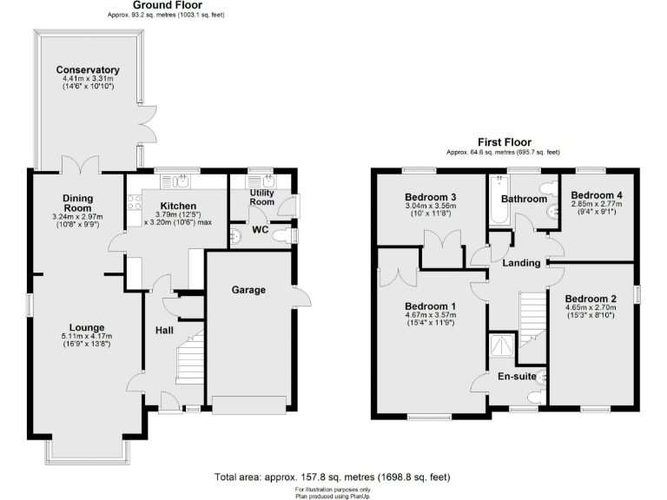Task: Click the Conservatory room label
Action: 88,70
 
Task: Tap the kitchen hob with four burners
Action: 135,203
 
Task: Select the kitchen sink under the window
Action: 182,181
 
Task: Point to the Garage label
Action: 248,290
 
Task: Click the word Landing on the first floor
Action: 522,263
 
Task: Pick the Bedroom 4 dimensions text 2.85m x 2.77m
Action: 596,205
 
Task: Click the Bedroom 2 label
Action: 591,298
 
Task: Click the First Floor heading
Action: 504,142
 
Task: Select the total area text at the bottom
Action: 333,477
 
